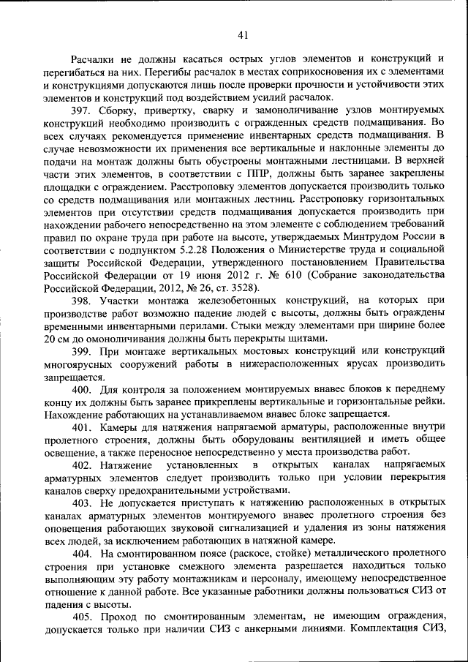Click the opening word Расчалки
[92, 60]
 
